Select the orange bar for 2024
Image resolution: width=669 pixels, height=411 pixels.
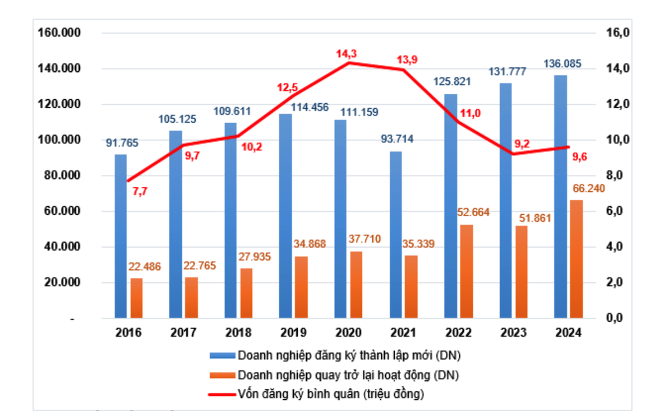coord(577,259)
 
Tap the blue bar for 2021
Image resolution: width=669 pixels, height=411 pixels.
coord(395,235)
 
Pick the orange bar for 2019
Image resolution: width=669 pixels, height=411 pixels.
coord(302,287)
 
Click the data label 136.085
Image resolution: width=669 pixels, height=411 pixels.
coord(563,64)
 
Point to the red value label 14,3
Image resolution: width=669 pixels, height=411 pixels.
coord(346,54)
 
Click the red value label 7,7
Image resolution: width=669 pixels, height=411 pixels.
coord(140,191)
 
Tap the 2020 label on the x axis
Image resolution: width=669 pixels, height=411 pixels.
coord(348,333)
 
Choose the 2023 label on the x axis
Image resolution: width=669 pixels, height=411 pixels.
coord(513,333)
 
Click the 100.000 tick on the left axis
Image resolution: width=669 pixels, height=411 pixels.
coord(59,140)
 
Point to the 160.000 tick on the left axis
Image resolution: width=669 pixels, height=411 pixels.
coord(59,33)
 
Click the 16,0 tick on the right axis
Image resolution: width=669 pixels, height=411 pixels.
coord(618,33)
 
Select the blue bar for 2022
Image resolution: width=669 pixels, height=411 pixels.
coord(450,206)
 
